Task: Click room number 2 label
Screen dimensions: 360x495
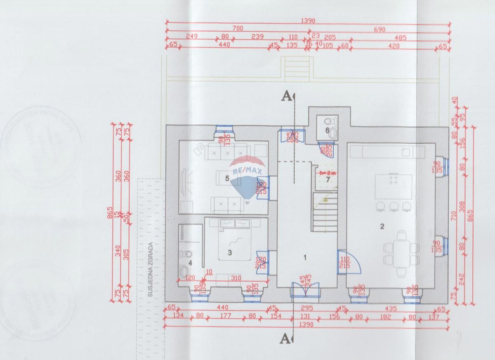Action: pyautogui.click(x=382, y=226)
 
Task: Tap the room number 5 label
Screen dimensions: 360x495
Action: pyautogui.click(x=227, y=179)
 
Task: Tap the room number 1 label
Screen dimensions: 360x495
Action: pyautogui.click(x=305, y=257)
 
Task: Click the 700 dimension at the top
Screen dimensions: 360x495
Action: pyautogui.click(x=238, y=28)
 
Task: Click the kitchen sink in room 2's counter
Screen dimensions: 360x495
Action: pyautogui.click(x=406, y=151)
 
